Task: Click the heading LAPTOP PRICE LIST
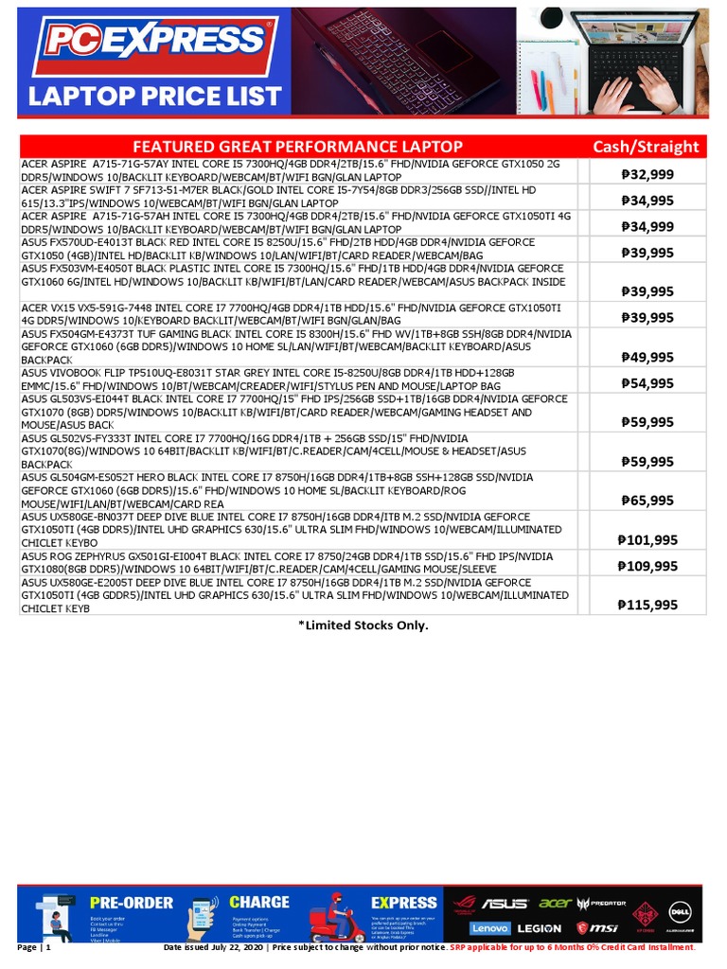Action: coord(154,97)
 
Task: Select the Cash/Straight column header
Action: coord(646,147)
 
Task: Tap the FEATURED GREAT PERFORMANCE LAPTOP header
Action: coord(297,147)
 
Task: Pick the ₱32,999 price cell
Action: coord(647,173)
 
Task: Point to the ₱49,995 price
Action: coord(647,357)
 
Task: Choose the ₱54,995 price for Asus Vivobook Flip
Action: coord(647,383)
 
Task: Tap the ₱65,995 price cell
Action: coord(647,500)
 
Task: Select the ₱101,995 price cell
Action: coord(647,539)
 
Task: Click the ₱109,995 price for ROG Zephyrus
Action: coord(647,566)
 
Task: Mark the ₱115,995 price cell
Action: coord(647,605)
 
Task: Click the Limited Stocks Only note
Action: coord(363,625)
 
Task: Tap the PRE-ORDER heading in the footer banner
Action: coord(132,903)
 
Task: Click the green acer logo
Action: coord(556,903)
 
